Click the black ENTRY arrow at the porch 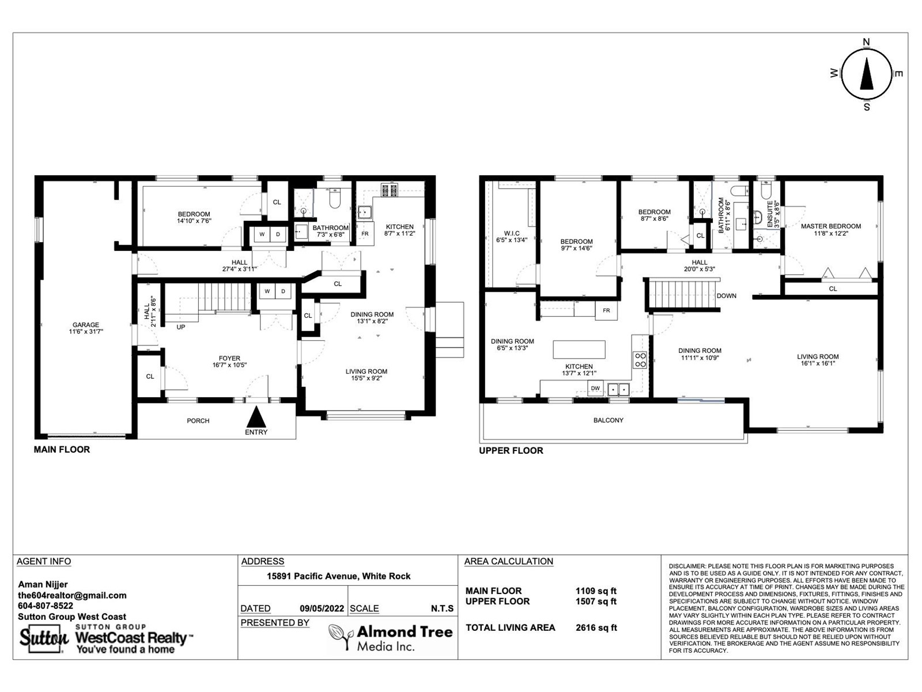pos(256,417)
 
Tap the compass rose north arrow pos(866,74)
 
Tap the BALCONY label pos(608,420)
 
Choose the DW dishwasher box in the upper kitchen pos(595,388)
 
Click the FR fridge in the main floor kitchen pos(365,234)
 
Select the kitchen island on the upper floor pos(579,349)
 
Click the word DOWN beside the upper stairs pos(726,296)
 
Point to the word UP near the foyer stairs pos(180,327)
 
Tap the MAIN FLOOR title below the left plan pos(62,450)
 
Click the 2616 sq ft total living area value pos(596,628)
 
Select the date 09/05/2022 pos(322,608)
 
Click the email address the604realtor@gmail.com pos(72,595)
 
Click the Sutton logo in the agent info pos(44,639)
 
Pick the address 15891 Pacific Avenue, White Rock pos(339,576)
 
